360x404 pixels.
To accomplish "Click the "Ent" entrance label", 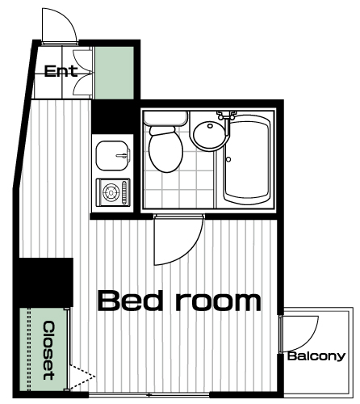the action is coord(61,71).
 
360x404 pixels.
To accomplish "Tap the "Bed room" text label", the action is coord(179,301).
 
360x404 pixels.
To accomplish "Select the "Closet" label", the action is coord(49,350).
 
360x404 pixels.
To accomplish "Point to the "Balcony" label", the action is coord(316,356).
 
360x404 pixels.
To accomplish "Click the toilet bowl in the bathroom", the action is coord(166,149).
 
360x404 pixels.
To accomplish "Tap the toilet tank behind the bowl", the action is coord(165,118).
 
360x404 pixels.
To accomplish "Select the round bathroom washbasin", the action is coord(208,135).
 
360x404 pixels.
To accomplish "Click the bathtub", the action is coord(246,159).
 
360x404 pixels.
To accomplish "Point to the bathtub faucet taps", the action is coord(227,115).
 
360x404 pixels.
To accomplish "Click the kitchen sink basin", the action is coord(112,156).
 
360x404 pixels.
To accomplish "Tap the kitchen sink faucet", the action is coord(123,155).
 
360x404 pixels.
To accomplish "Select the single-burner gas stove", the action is coord(113,192).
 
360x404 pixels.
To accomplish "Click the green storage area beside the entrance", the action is coord(115,73).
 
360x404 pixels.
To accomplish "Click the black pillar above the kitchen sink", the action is coord(113,117).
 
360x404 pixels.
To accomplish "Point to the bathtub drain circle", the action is coord(228,159).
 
